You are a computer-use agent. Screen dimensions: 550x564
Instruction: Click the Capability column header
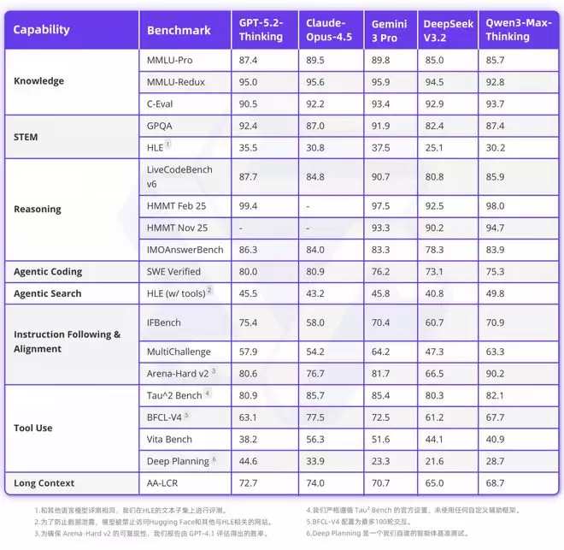tap(41, 30)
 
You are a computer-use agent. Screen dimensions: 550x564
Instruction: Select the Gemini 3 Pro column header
tap(390, 30)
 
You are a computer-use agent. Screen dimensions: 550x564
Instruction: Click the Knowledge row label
tap(39, 82)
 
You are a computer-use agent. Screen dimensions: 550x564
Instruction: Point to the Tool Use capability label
tap(33, 428)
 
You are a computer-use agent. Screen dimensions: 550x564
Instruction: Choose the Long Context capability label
tap(44, 483)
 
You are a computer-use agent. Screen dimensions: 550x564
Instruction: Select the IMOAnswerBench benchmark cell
tap(185, 250)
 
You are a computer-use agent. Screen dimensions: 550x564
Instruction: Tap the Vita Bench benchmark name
tap(171, 440)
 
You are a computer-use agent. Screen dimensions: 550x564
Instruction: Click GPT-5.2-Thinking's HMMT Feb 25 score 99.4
tap(250, 206)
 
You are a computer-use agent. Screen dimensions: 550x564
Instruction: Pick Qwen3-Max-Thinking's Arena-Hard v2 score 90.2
tap(496, 373)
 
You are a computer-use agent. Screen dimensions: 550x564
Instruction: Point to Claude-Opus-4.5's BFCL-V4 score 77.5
tap(317, 417)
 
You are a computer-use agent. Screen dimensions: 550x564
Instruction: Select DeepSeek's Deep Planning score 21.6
tap(435, 462)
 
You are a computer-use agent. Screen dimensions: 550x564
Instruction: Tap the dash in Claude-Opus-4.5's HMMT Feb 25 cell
tap(308, 206)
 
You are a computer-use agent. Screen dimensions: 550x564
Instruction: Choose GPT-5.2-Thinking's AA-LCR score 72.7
tap(250, 484)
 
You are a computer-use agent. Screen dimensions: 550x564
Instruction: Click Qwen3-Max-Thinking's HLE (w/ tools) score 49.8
tap(496, 294)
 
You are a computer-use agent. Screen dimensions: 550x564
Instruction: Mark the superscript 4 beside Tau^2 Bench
tap(208, 393)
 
